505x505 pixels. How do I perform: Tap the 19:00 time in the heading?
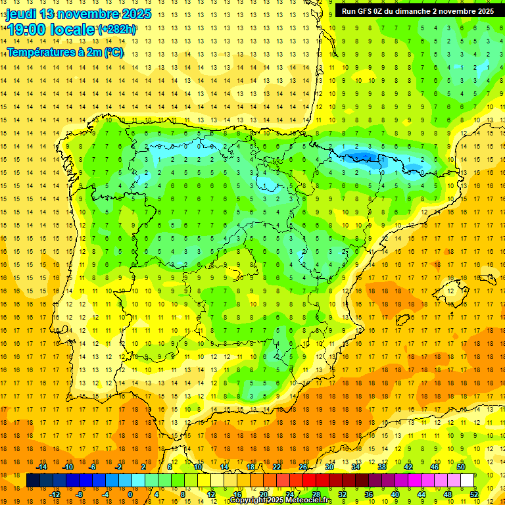coord(27,30)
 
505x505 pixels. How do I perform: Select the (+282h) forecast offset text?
coord(117,30)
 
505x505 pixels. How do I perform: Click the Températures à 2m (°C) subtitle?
coord(65,52)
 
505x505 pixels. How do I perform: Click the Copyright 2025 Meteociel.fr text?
coord(281,500)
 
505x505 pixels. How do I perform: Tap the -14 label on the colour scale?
coord(41,467)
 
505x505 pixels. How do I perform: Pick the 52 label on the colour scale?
coord(474,494)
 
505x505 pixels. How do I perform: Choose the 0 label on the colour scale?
coord(130,494)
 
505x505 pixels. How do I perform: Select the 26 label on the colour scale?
coord(303,467)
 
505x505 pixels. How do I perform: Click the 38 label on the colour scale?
coord(382,467)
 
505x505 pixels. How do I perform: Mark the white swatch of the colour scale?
coord(468,481)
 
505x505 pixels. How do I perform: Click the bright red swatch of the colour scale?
coord(310,481)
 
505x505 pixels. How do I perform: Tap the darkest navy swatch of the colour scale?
coord(33,481)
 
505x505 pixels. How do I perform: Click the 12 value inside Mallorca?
coord(452,291)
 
